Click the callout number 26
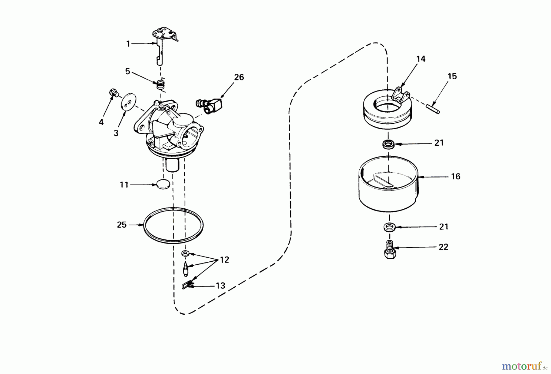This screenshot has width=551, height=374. (x=239, y=77)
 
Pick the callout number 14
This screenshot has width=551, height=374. (x=421, y=59)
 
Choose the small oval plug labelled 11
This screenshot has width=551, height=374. (x=163, y=185)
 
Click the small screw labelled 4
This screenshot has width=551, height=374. (x=114, y=93)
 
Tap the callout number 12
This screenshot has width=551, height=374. (x=224, y=260)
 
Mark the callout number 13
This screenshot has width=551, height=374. (x=220, y=286)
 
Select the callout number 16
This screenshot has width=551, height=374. (x=455, y=176)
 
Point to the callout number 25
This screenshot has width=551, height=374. (x=122, y=225)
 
